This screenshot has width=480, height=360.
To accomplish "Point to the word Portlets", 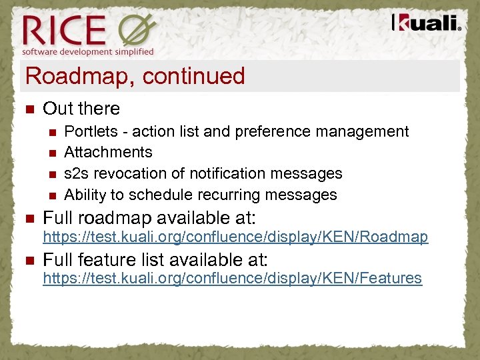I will [87, 131].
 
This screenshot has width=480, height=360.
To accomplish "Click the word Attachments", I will [108, 152].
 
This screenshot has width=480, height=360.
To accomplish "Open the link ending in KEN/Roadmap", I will [235, 237].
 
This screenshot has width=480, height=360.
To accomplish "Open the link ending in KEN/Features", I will [232, 278].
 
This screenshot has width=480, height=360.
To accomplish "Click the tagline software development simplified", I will [88, 51].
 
